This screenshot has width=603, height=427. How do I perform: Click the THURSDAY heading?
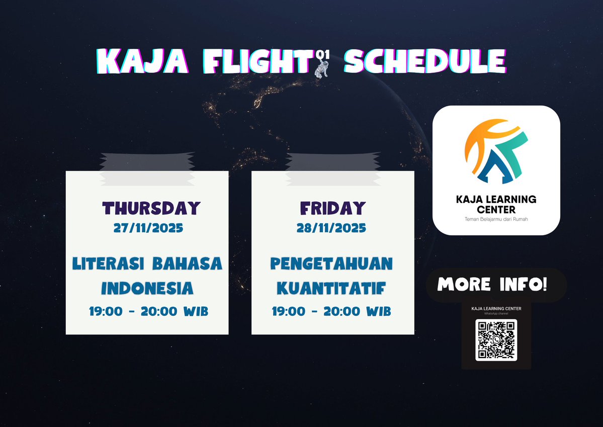coord(151,208)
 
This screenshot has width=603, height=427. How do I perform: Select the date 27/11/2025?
coord(148,228)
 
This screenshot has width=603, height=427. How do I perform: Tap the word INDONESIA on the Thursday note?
coord(147,288)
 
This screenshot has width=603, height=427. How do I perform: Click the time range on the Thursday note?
coord(148,312)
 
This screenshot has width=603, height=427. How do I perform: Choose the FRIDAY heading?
coord(332,208)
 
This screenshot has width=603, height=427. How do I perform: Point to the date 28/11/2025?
coord(331,228)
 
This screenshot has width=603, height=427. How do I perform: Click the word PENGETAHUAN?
coord(331,264)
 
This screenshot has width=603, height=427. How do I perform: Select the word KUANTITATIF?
coord(331,289)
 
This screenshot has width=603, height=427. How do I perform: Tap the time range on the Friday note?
coord(331,312)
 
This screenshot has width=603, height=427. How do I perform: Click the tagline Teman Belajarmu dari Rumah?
coord(496,219)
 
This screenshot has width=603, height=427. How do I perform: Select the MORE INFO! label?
coord(492,284)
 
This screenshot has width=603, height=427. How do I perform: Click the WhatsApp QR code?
coord(496,340)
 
